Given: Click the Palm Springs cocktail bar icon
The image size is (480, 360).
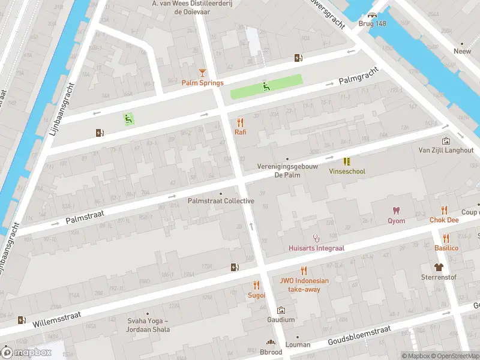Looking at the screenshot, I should pos(203,73).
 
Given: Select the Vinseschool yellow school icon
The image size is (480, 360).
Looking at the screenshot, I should pos(347,161).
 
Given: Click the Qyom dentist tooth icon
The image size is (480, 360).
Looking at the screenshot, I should pos(395,210).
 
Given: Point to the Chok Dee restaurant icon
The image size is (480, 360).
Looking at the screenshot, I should pos(444,209).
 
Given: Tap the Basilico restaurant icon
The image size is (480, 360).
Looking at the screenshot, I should pos(446,238).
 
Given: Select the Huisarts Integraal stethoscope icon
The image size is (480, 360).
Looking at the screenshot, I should pos(316,238).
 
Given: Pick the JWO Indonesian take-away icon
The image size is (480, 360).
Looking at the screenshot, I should pos(304,270).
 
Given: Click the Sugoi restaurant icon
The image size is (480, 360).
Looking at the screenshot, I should pos(257,285).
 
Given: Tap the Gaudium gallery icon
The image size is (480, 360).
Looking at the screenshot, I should pos(281,310).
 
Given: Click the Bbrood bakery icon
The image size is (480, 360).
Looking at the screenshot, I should pos(270,343).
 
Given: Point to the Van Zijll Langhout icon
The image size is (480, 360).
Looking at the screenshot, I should pos(446,140).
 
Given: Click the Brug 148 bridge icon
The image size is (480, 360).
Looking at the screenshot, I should pos(373,16).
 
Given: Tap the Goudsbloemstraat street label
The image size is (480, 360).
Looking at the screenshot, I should pos(359,336).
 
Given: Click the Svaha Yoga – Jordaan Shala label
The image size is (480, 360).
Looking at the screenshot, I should pos(148,325).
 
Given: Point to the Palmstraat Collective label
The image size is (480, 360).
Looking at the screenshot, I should pos(221,201).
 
